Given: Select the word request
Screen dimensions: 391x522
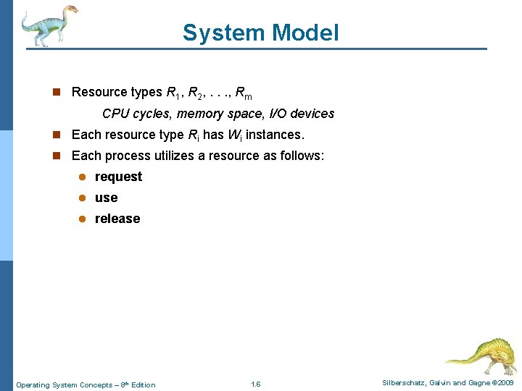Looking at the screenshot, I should coord(118,177).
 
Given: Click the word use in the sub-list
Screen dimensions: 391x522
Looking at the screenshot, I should coord(106,198).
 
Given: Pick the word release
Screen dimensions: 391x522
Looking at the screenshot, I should coord(117,219).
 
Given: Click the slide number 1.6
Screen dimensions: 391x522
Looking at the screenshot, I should coord(255,384).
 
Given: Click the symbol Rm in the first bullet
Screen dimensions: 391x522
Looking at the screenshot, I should coord(244,93).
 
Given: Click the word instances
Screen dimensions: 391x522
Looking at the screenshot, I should coord(275,135).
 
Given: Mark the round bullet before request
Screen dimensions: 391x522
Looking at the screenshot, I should coord(83,177).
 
